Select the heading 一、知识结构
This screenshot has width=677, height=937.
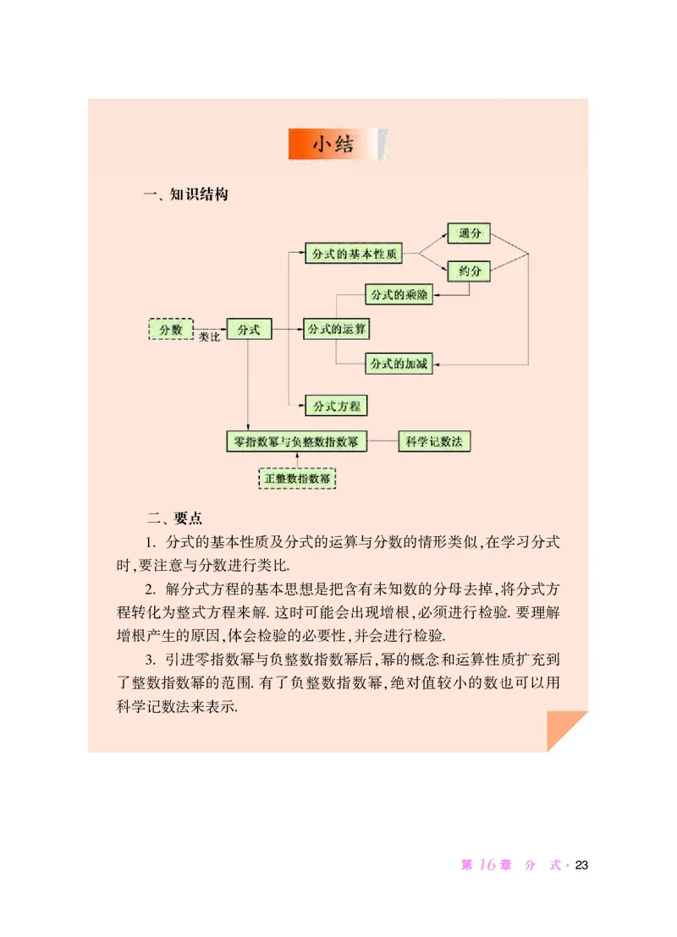pos(186,195)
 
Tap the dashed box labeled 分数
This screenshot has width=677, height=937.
pos(171,329)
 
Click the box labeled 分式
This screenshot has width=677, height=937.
pos(249,329)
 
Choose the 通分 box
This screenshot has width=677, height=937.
pos(469,233)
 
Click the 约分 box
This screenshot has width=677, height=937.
pos(469,271)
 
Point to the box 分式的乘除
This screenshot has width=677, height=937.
pos(399,294)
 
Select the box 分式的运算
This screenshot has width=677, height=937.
pos(336,329)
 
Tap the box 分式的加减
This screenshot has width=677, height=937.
pos(399,364)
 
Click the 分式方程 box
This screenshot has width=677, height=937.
pos(336,406)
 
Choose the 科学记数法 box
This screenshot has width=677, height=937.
pos(434,441)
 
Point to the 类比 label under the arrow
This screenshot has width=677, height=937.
pos(209,337)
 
